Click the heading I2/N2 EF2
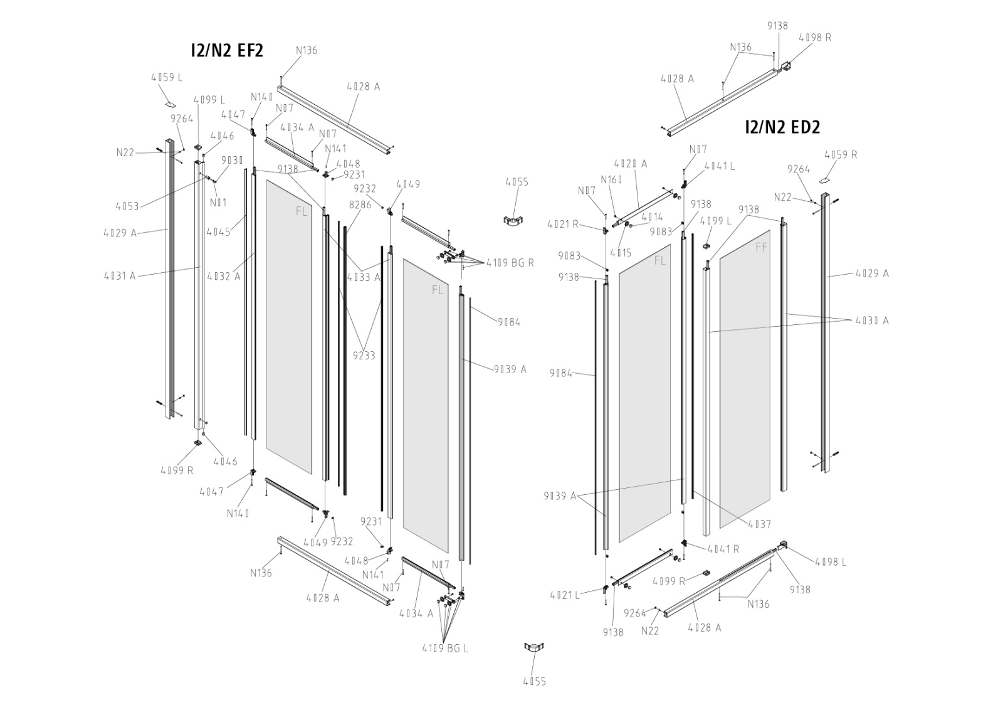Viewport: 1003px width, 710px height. [x=227, y=51]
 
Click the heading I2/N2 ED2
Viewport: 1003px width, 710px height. [x=782, y=127]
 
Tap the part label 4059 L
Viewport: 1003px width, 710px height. [x=167, y=78]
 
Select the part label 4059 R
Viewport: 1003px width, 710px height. [x=841, y=155]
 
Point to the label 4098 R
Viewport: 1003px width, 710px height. [x=815, y=38]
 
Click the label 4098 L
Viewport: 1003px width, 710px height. [x=831, y=562]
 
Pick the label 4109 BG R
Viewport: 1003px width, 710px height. [x=508, y=263]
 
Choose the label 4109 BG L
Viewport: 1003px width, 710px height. [x=444, y=649]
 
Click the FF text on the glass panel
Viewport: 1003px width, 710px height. [x=761, y=248]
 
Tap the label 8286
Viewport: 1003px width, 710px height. [x=360, y=204]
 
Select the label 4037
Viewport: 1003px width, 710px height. [x=759, y=524]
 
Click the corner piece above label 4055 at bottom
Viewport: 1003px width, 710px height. [x=535, y=648]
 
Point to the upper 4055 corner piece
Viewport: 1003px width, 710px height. [x=515, y=221]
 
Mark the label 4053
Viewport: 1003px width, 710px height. [x=127, y=206]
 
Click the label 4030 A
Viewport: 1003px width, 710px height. [x=872, y=321]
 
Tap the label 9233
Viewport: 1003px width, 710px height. [x=364, y=356]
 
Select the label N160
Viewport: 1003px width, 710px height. [x=611, y=180]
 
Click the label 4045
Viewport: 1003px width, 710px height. [x=219, y=231]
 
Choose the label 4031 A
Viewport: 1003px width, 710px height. [x=120, y=275]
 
